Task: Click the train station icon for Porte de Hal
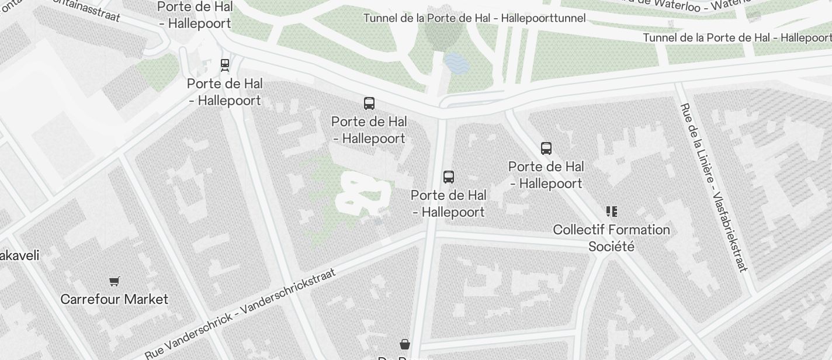[x=225, y=64]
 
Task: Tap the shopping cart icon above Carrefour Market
[x=115, y=282]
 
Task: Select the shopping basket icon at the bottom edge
[x=405, y=344]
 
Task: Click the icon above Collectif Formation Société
[x=612, y=211]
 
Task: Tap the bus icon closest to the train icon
[x=369, y=103]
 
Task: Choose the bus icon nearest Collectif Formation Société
[x=546, y=148]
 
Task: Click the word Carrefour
[x=87, y=299]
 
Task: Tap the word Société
[x=611, y=246]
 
